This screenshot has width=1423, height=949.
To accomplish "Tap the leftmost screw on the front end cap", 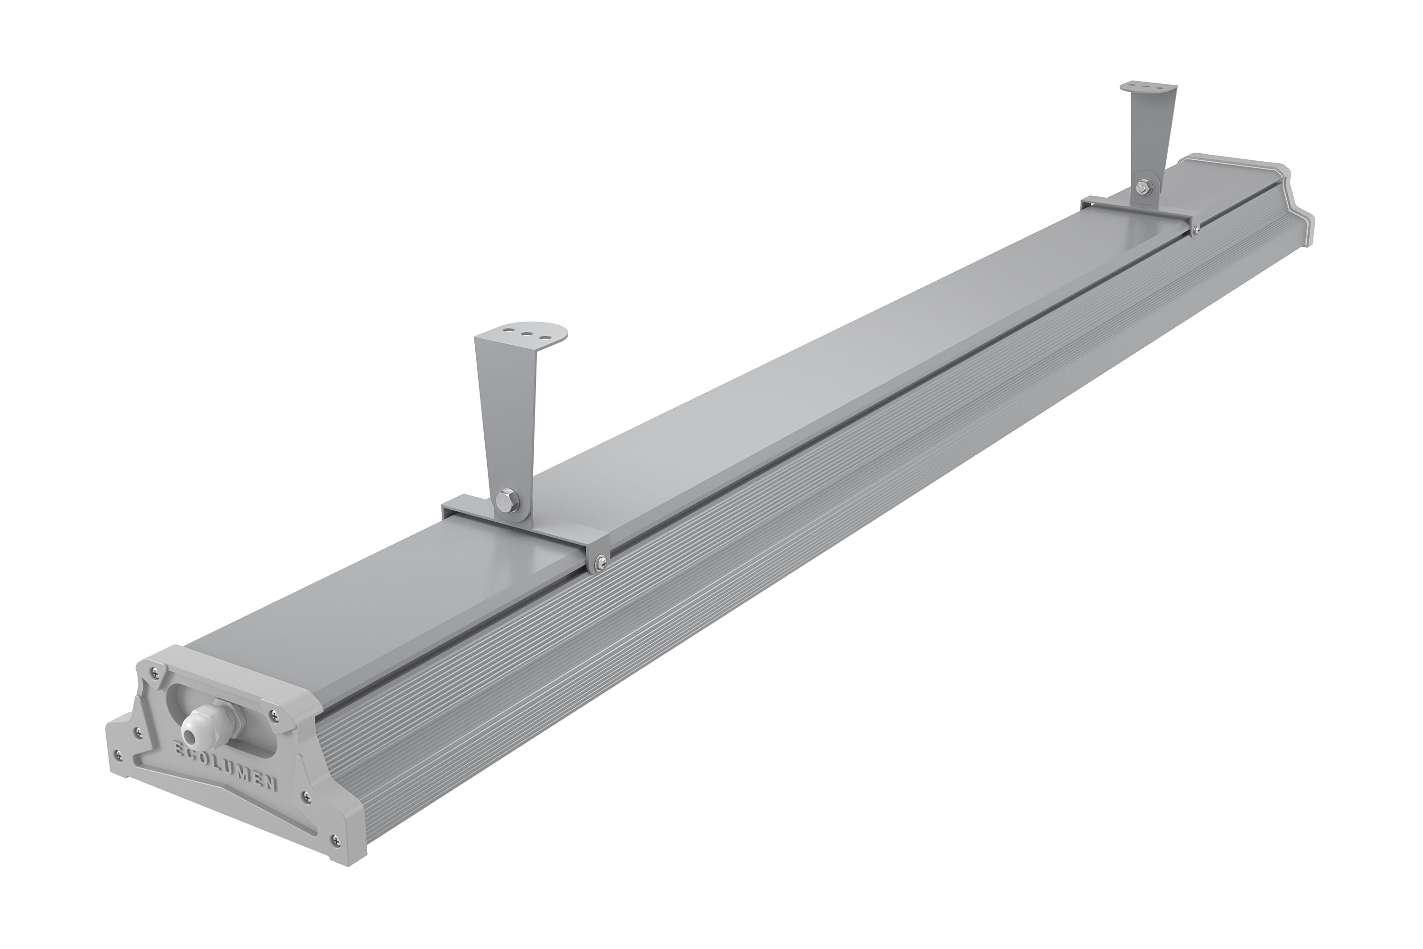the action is pyautogui.click(x=118, y=754).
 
